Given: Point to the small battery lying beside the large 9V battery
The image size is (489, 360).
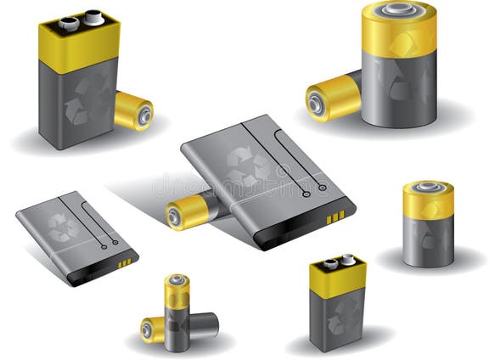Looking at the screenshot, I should coord(133,110).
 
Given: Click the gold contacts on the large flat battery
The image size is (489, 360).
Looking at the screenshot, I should coord(336,217).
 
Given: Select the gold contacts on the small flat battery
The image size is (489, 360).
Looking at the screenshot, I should coord(125,263).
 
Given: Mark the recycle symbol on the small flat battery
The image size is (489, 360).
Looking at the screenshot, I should coord(61,226).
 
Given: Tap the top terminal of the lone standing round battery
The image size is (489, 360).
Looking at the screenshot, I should coord(428,185).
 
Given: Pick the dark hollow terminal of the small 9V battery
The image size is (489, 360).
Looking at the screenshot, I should coord(329,265).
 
